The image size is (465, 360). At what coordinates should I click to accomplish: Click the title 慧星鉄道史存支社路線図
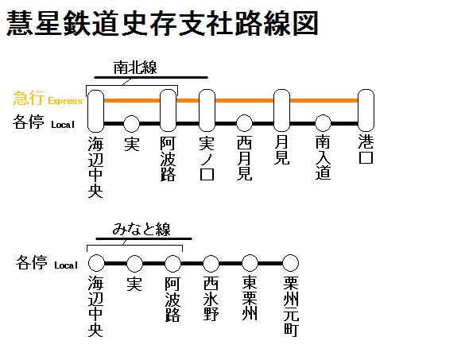click(x=162, y=23)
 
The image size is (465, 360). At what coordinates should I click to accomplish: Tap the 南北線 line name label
click(x=135, y=68)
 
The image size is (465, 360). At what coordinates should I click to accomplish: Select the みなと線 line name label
click(x=141, y=229)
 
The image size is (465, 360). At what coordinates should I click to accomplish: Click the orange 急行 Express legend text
click(x=48, y=99)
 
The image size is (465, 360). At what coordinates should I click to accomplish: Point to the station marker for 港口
click(x=366, y=110)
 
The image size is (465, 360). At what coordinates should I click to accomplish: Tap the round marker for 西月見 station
click(x=244, y=123)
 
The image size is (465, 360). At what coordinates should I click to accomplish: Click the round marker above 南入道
click(x=323, y=123)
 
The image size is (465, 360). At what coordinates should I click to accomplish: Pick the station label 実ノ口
click(x=207, y=158)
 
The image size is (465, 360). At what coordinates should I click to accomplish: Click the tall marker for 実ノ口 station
click(x=207, y=110)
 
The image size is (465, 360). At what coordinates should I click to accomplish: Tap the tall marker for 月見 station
click(x=281, y=110)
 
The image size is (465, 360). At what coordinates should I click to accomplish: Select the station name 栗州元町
click(x=291, y=306)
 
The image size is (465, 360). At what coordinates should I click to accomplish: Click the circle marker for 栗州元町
click(x=290, y=263)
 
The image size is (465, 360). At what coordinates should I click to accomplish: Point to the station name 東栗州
click(x=250, y=298)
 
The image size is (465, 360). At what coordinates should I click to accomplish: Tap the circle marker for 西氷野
click(x=211, y=263)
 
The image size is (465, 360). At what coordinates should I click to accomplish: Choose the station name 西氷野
click(x=211, y=298)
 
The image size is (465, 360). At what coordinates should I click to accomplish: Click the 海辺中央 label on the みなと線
click(x=95, y=306)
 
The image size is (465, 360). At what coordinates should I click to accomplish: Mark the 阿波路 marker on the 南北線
click(x=169, y=110)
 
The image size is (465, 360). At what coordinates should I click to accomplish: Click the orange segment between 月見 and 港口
click(x=324, y=100)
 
